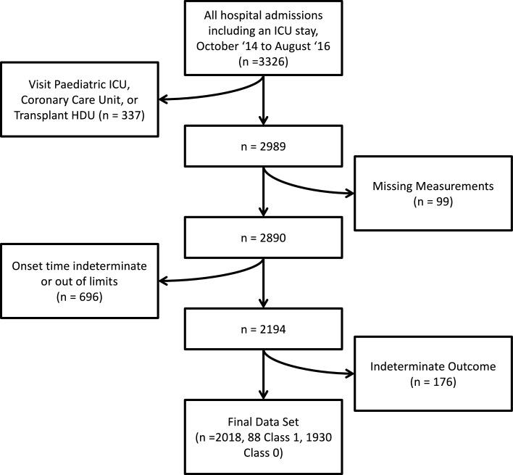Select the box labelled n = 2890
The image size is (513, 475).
click(x=263, y=238)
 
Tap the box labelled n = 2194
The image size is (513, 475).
click(x=263, y=330)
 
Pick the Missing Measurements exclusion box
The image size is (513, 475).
click(x=433, y=194)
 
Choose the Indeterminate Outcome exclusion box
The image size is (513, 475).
click(x=433, y=373)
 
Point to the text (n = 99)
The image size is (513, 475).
click(x=433, y=202)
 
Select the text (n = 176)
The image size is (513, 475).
click(x=433, y=381)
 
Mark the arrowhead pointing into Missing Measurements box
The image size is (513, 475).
click(x=350, y=194)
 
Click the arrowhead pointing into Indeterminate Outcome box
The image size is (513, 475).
click(x=350, y=374)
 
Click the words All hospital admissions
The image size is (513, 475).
click(x=263, y=16)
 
